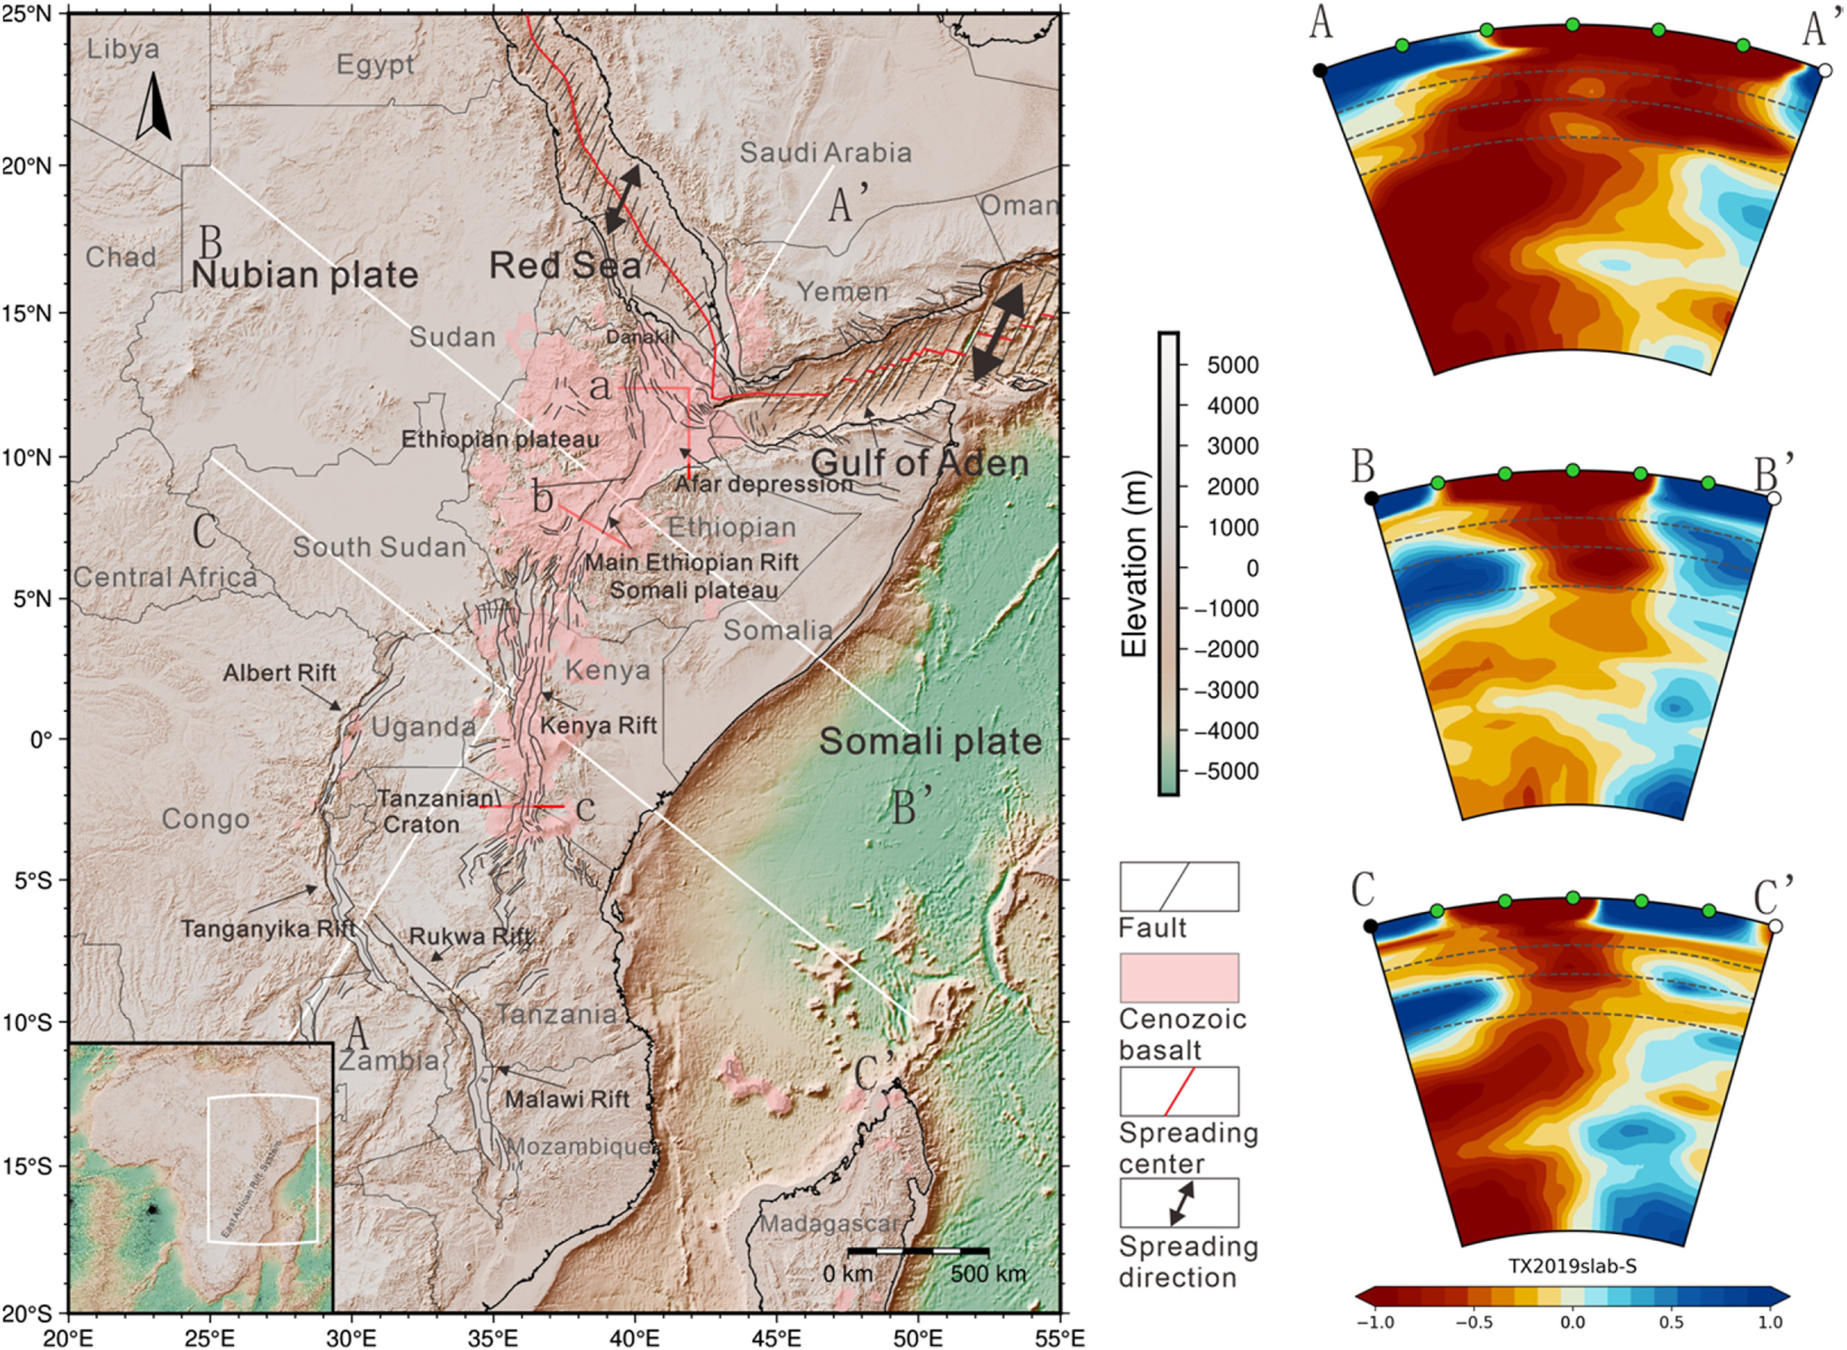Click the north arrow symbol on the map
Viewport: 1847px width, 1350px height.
point(153,107)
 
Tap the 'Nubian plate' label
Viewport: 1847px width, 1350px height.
point(304,276)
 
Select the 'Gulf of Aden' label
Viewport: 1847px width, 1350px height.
point(920,463)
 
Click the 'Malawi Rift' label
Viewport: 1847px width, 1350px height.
point(567,1099)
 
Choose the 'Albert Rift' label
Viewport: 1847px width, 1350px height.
point(279,672)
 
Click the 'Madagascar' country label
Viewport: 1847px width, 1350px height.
point(829,1223)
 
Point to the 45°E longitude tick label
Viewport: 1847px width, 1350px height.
point(777,1338)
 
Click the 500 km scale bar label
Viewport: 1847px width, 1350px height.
point(987,1274)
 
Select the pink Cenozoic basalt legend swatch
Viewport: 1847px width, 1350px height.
point(1179,978)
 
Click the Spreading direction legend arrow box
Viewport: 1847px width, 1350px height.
point(1179,1202)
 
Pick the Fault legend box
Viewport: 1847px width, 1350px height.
point(1179,887)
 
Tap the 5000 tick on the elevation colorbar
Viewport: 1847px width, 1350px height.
point(1233,364)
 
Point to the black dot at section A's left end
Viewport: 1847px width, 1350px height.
point(1319,70)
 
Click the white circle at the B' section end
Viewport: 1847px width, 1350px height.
point(1773,499)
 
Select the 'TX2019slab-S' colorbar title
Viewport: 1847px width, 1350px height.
point(1571,1266)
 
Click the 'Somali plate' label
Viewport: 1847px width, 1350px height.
point(930,742)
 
